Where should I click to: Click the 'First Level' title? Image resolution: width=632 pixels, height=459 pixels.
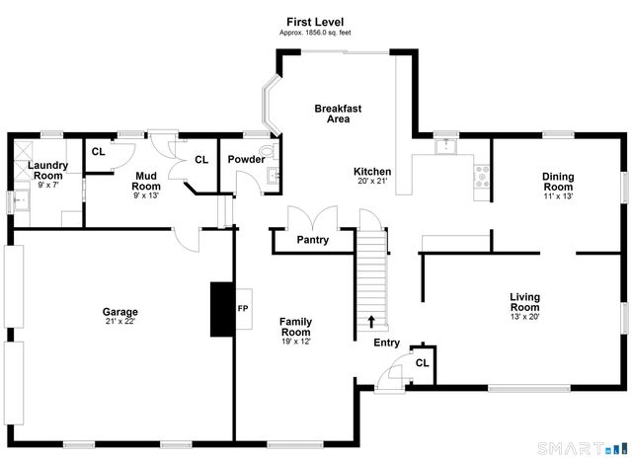pyautogui.click(x=315, y=22)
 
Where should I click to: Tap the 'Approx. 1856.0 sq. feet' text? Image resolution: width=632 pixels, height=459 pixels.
pyautogui.click(x=315, y=33)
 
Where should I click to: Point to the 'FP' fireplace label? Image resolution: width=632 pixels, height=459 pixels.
pyautogui.click(x=243, y=308)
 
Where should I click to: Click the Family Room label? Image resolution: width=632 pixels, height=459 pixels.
pyautogui.click(x=295, y=327)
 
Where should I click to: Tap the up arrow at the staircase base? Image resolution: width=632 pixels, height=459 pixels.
pyautogui.click(x=371, y=321)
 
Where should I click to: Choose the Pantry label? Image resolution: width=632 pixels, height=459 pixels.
pyautogui.click(x=313, y=240)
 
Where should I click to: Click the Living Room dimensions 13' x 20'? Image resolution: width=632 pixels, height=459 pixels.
pyautogui.click(x=524, y=317)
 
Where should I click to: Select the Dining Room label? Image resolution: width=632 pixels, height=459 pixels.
pyautogui.click(x=557, y=183)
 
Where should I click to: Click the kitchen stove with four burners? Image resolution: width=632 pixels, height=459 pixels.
pyautogui.click(x=483, y=178)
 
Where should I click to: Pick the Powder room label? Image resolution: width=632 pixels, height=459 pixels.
pyautogui.click(x=246, y=160)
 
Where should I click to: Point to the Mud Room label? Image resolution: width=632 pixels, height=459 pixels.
pyautogui.click(x=146, y=181)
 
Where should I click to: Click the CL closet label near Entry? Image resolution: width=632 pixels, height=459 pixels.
pyautogui.click(x=422, y=363)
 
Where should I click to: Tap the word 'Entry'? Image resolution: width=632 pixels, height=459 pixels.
pyautogui.click(x=386, y=344)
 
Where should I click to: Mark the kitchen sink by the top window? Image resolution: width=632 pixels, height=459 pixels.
pyautogui.click(x=446, y=146)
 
